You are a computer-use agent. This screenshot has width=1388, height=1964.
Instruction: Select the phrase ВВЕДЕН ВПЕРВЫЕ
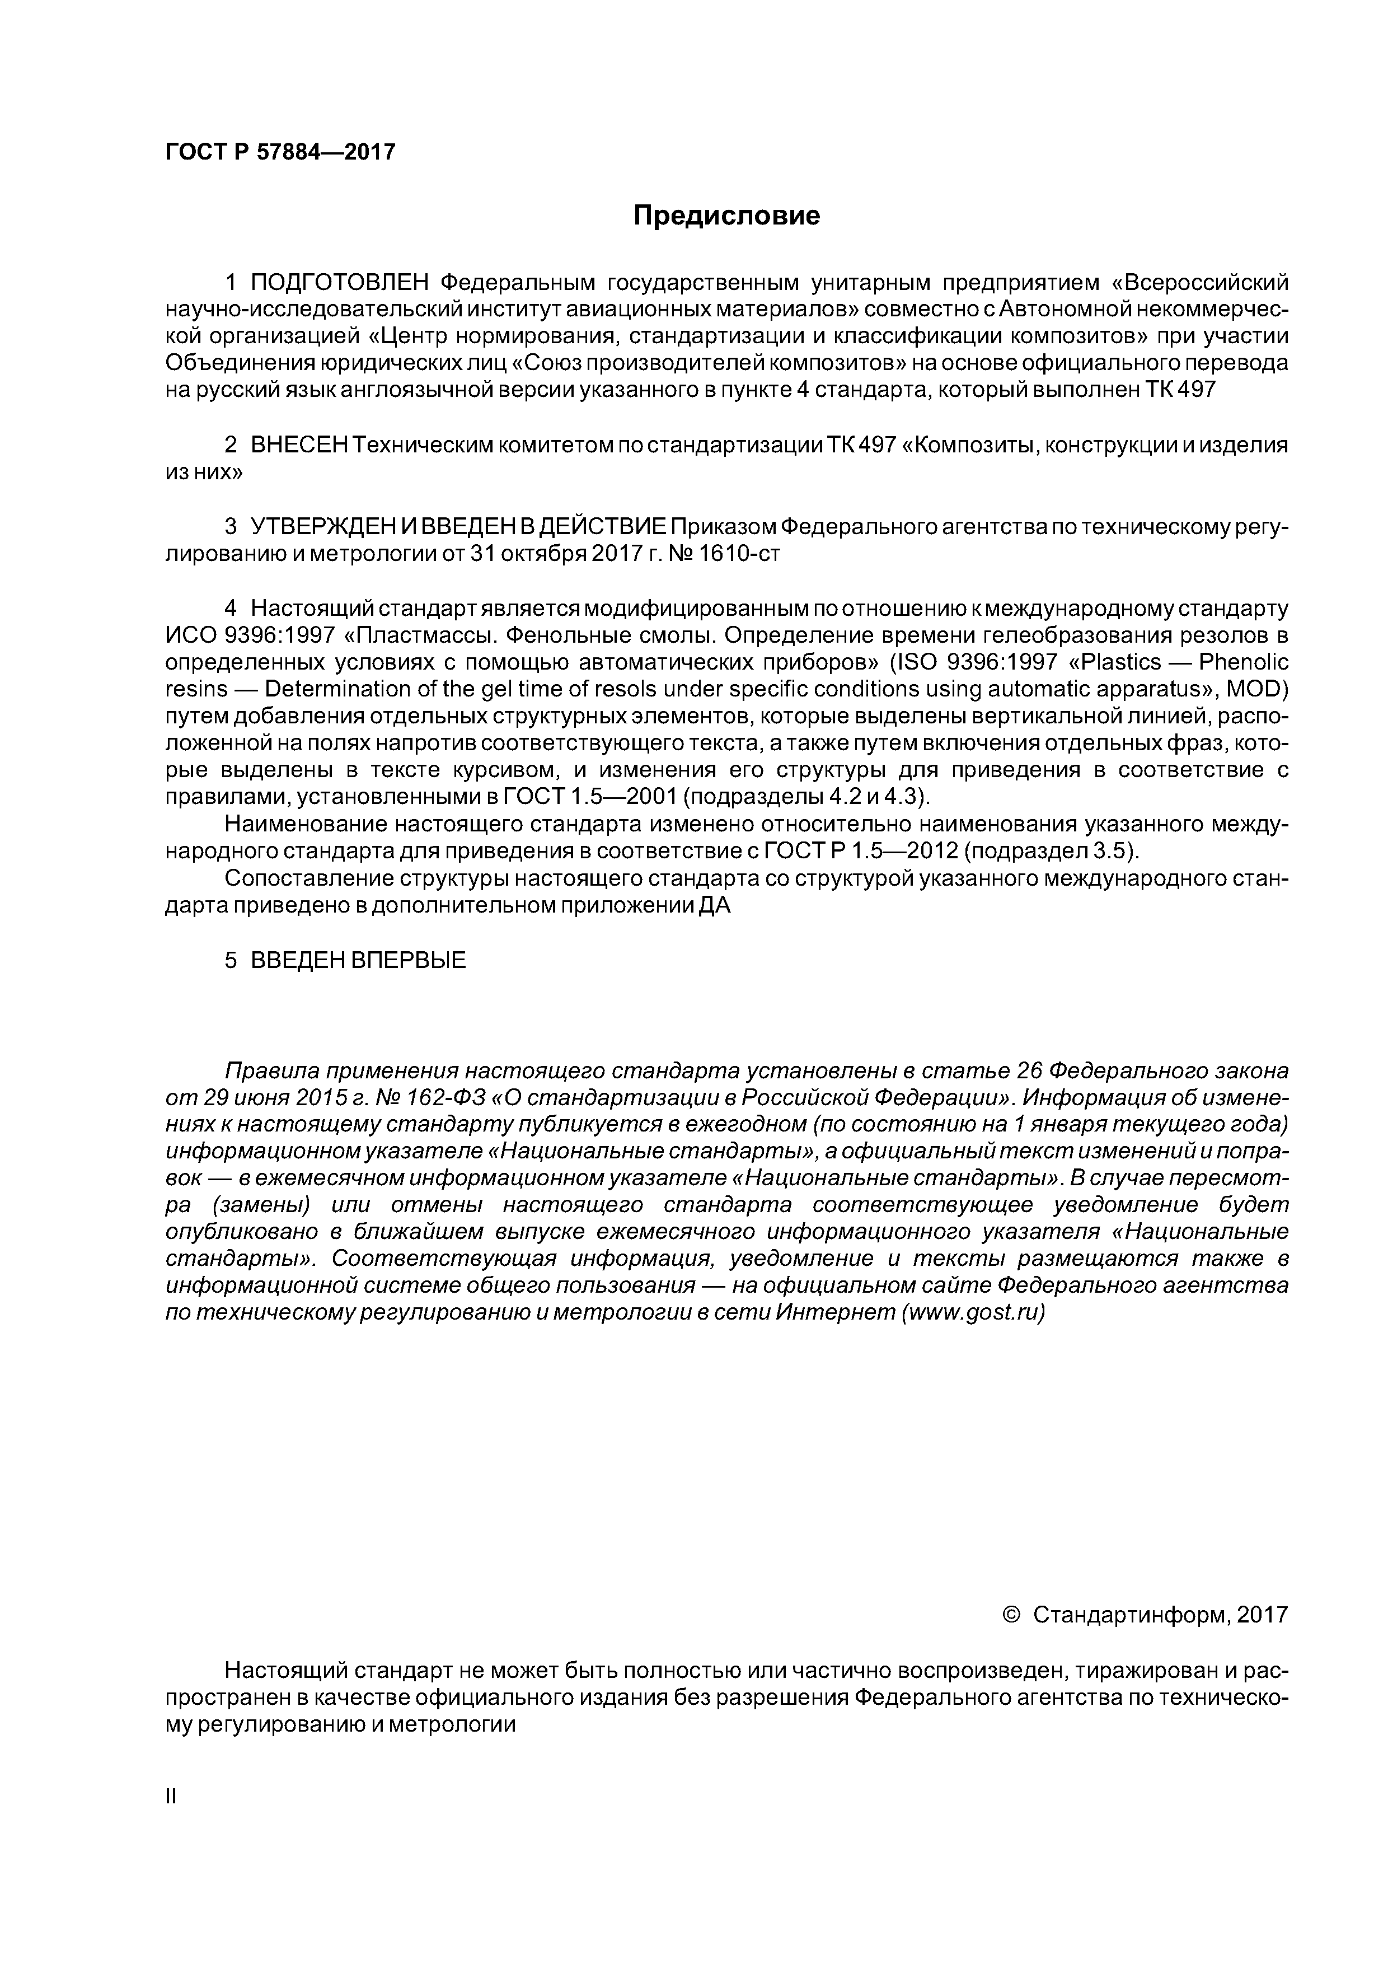pyautogui.click(x=358, y=960)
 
